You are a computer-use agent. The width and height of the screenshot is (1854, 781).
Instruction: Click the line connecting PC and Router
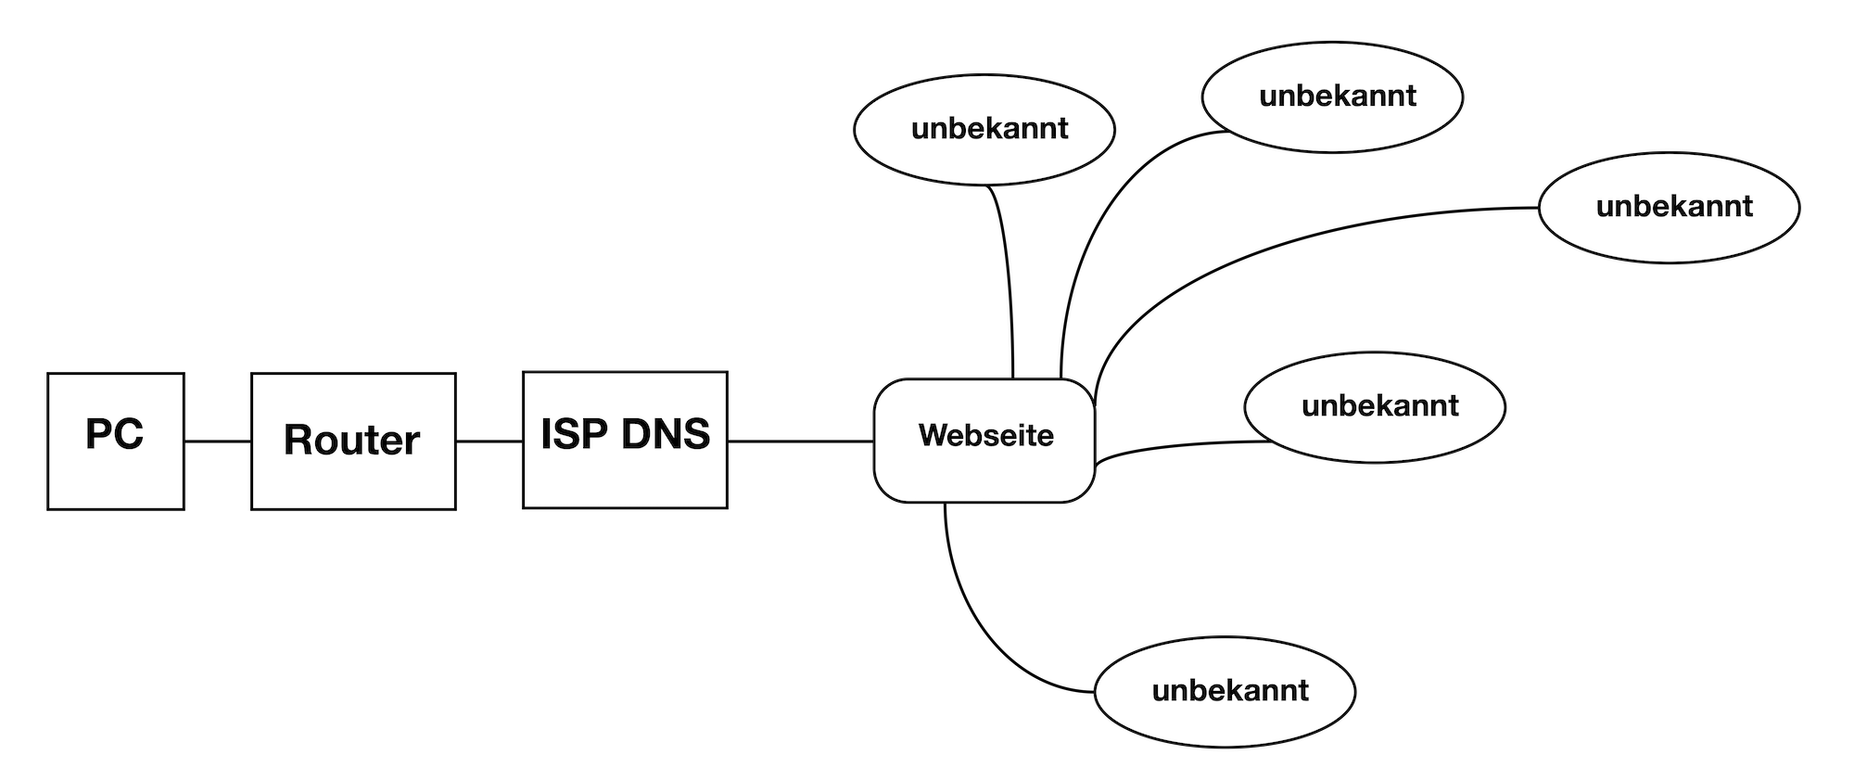pyautogui.click(x=218, y=442)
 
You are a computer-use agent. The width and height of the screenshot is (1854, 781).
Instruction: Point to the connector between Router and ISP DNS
pyautogui.click(x=489, y=442)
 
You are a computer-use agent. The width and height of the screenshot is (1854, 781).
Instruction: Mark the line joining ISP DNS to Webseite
pyautogui.click(x=801, y=442)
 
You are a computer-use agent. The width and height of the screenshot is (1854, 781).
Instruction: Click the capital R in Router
pyautogui.click(x=299, y=440)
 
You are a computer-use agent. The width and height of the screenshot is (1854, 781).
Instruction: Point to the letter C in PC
pyautogui.click(x=129, y=434)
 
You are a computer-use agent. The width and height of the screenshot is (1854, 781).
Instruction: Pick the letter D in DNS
pyautogui.click(x=635, y=434)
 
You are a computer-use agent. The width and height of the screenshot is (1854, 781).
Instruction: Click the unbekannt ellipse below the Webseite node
pyautogui.click(x=1225, y=692)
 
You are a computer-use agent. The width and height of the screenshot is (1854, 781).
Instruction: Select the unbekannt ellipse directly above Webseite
pyautogui.click(x=984, y=130)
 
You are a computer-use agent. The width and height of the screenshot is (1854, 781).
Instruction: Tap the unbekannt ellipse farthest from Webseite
pyautogui.click(x=1670, y=208)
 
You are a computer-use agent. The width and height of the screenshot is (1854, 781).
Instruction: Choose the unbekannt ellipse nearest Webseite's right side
pyautogui.click(x=1375, y=407)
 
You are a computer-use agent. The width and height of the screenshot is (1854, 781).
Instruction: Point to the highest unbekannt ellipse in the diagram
pyautogui.click(x=1332, y=96)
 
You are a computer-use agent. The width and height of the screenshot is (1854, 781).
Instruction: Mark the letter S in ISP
pyautogui.click(x=565, y=434)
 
